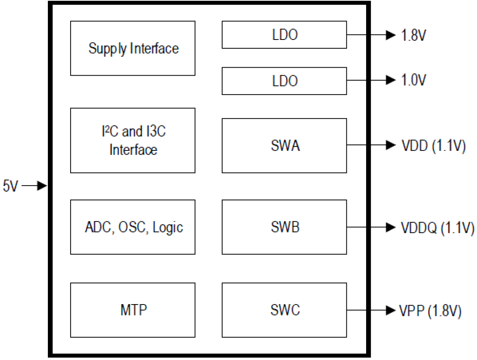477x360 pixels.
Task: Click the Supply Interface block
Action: click(x=133, y=48)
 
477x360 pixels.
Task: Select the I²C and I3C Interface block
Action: click(x=133, y=140)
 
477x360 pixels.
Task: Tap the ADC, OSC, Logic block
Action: click(x=133, y=227)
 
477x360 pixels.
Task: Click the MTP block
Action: click(x=133, y=310)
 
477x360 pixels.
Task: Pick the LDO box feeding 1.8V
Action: click(x=284, y=35)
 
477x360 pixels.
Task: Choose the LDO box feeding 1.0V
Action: click(x=284, y=81)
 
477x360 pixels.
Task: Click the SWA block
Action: click(x=284, y=146)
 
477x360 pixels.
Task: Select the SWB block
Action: click(x=284, y=227)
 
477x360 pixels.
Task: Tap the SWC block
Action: click(x=284, y=310)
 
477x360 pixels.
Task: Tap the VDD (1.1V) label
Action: click(x=433, y=146)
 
